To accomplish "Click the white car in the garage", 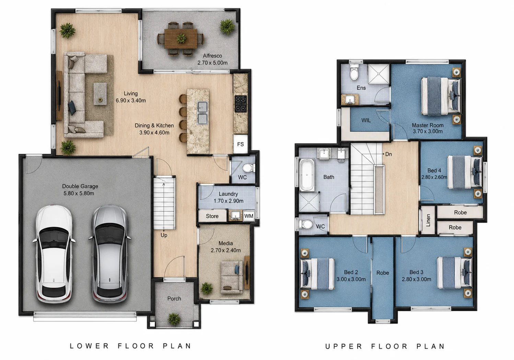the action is click(x=54, y=254).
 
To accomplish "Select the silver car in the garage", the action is click(x=110, y=254).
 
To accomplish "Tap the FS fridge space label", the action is click(x=240, y=144).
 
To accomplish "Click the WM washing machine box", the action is click(x=249, y=216).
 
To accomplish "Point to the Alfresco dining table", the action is click(x=181, y=38).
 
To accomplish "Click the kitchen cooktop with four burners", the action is click(x=241, y=104).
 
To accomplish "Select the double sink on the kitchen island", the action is click(x=203, y=113).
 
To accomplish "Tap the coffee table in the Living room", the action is click(x=100, y=94).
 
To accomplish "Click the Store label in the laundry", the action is click(x=212, y=216).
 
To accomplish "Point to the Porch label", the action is click(x=174, y=299).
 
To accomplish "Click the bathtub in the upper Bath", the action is click(x=307, y=175).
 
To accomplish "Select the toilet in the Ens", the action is click(x=354, y=72).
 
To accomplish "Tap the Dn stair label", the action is click(x=388, y=154).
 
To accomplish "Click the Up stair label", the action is click(x=164, y=235).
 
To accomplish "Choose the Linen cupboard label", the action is click(x=428, y=220).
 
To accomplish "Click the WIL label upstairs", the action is click(x=366, y=120).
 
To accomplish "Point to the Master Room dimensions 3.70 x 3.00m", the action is click(x=428, y=131).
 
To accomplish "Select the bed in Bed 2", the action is click(x=317, y=274).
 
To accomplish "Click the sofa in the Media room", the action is click(x=232, y=278).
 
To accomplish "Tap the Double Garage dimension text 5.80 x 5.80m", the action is click(x=79, y=193).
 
